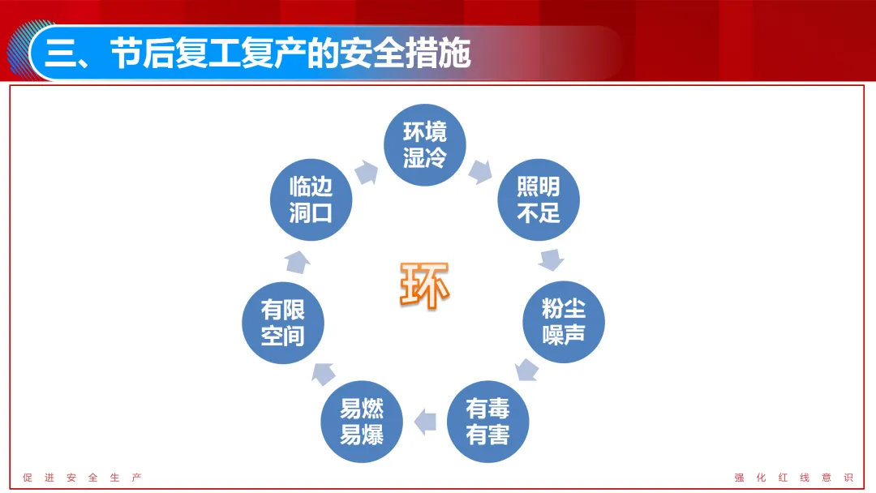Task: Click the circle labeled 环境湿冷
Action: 425,144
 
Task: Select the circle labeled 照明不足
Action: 539,199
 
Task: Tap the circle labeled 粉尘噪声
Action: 564,321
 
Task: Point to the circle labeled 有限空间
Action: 283,322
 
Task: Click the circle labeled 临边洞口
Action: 311,199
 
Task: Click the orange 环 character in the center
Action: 424,285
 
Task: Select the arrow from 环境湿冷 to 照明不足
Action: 480,171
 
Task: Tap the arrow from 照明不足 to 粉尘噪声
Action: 552,259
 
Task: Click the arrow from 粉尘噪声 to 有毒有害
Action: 527,371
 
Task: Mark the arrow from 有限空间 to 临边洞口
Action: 297,261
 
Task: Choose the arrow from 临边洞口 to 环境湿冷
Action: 367,172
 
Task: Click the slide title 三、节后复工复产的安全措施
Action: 258,55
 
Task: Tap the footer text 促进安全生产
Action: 82,478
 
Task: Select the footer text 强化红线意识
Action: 794,478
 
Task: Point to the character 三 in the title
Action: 61,55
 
